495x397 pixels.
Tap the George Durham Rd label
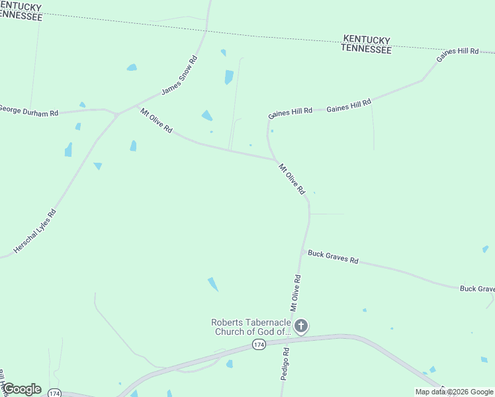coord(28,110)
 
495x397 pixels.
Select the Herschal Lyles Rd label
coord(35,231)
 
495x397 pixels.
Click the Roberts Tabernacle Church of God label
coord(251,327)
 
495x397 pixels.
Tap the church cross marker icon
coord(301,326)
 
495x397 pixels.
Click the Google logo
coord(21,389)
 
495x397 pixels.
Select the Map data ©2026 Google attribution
coord(454,392)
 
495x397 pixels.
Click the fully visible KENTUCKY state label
coord(366,40)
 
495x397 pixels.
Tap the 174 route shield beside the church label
coord(259,345)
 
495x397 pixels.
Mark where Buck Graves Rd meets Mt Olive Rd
coord(303,252)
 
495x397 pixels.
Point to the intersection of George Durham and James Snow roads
coord(117,114)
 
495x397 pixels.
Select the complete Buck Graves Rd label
coord(333,257)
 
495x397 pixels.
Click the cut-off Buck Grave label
coord(477,289)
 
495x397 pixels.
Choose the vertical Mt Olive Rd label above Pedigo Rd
coord(296,293)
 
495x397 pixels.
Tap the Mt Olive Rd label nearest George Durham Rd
coord(156,121)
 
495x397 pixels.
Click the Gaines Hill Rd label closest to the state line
coord(457,55)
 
